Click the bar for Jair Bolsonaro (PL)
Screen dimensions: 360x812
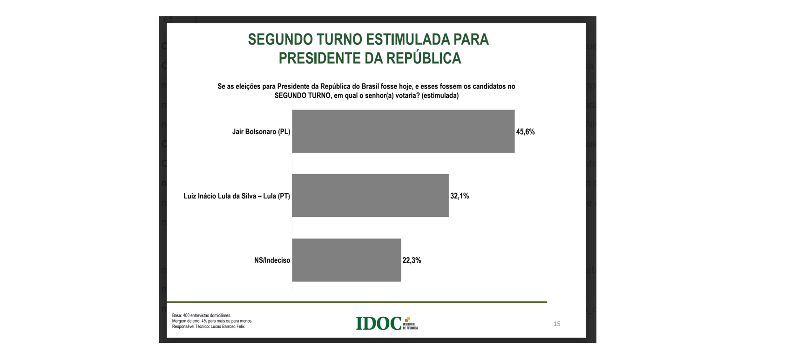403,131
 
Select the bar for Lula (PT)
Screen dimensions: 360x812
370,196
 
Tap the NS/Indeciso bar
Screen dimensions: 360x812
346,260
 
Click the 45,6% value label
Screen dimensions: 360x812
525,132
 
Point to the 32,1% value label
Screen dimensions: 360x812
460,196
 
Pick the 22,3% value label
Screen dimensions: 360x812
412,260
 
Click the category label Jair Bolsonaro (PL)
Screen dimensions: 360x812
261,132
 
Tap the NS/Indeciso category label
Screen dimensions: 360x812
272,260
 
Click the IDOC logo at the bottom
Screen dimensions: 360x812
386,323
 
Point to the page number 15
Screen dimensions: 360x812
557,324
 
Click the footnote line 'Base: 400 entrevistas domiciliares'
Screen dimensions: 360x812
202,315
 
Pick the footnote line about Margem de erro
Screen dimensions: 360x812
212,321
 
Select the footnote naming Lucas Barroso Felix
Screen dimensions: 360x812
208,326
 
